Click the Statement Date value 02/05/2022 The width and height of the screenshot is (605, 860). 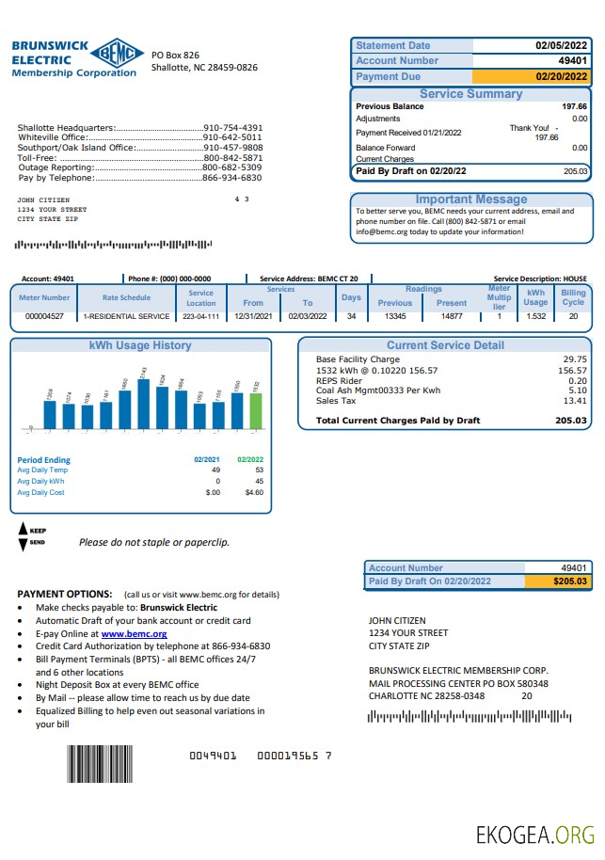561,45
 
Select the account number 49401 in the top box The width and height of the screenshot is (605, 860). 572,60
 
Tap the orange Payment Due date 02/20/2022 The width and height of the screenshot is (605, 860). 561,76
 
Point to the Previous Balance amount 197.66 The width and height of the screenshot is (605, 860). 574,106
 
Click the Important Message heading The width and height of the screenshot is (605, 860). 471,199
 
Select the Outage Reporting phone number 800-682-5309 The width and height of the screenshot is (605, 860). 232,167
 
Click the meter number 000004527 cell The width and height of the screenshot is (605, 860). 44,317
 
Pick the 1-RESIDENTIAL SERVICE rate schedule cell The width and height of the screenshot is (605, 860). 127,317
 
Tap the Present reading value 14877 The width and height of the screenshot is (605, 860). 452,317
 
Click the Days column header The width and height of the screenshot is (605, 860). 351,297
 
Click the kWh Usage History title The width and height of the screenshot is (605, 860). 140,345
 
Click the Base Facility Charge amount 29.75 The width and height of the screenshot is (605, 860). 574,359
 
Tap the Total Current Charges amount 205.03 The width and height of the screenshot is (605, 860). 571,421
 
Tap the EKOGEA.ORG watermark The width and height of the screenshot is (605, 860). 535,835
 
